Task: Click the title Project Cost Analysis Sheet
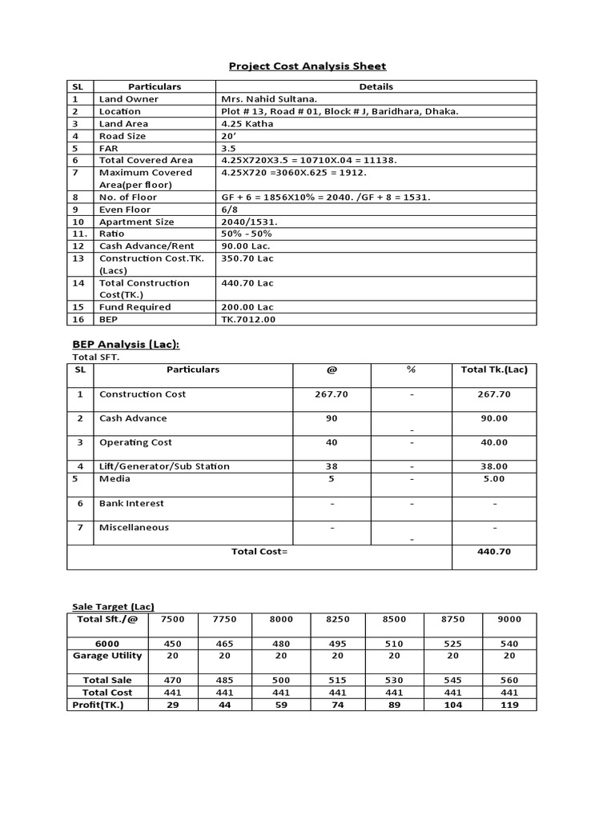[x=307, y=66]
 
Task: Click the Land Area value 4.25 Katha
[x=247, y=124]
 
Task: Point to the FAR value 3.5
[x=228, y=148]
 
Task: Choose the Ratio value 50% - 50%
[x=247, y=234]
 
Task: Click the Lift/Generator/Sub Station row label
[x=164, y=466]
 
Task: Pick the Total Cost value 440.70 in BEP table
[x=494, y=551]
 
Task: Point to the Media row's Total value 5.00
[x=494, y=479]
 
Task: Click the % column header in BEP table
[x=412, y=370]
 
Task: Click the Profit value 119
[x=508, y=705]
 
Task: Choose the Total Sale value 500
[x=281, y=680]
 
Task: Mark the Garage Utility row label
[x=107, y=656]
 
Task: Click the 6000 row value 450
[x=171, y=644]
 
